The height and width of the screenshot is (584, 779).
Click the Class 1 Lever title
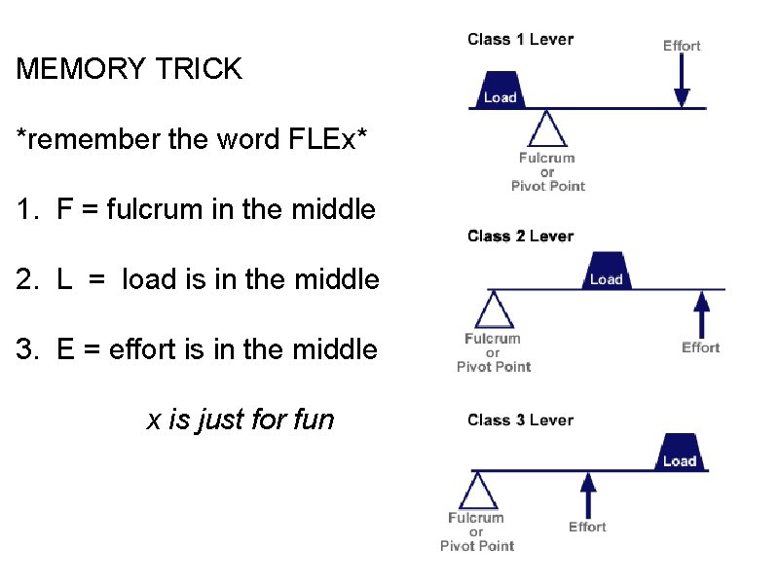coord(520,40)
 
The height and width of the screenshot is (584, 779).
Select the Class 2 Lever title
coord(520,237)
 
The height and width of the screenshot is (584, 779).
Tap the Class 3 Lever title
coord(520,420)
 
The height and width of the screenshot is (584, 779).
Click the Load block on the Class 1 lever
coord(500,89)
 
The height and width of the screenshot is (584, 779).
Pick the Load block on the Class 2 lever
coord(606,272)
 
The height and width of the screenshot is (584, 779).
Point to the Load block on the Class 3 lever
coord(679,453)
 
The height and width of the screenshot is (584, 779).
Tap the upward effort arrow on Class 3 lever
coord(587,494)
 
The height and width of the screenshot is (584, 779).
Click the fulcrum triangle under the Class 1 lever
coord(548,128)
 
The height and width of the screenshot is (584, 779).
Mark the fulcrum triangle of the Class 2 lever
coord(494,310)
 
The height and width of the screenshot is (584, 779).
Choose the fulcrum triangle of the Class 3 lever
coord(477,492)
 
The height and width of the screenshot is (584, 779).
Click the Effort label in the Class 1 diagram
coord(682,46)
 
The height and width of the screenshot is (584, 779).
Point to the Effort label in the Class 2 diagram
coord(700,347)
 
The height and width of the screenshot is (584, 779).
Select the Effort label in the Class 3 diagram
coord(587,527)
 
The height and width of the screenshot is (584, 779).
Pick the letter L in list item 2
coord(65,280)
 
